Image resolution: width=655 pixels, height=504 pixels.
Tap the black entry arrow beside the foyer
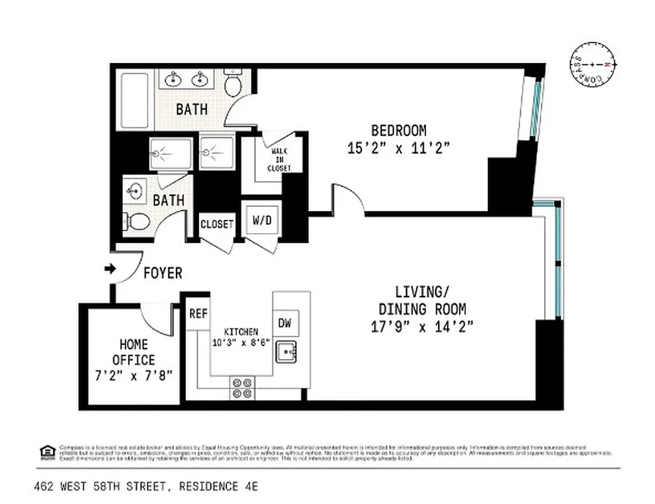(x=110, y=269)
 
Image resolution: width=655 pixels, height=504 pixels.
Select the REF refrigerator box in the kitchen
(x=197, y=314)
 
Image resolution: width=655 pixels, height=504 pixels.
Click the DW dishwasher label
(x=285, y=323)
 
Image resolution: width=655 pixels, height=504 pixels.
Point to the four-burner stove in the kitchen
(x=243, y=388)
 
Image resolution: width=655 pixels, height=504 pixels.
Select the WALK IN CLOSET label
(x=279, y=160)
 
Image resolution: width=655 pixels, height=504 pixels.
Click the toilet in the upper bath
(x=234, y=84)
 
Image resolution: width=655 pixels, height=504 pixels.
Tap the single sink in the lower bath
(x=135, y=190)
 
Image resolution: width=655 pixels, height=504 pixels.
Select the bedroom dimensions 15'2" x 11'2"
(x=398, y=148)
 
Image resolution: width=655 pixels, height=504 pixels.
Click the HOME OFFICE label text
(x=134, y=352)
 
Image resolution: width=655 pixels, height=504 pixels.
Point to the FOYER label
(x=163, y=273)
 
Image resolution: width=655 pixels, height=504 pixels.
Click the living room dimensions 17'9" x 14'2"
(x=422, y=326)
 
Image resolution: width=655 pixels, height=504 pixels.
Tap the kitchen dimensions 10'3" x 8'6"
(x=241, y=343)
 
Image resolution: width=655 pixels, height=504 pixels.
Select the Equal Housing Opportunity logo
(x=47, y=452)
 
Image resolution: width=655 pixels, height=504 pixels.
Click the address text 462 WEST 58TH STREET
(x=101, y=486)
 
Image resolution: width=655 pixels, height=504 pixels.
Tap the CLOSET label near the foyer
(x=217, y=224)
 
